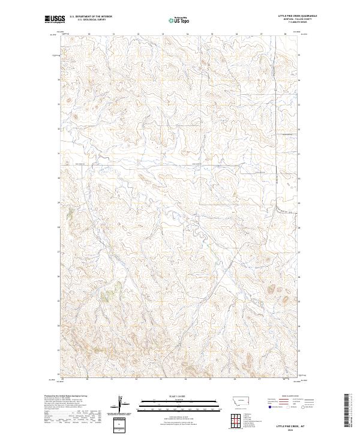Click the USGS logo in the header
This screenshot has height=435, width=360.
(x=55, y=20)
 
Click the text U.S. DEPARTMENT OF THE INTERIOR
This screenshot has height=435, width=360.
(x=91, y=17)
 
